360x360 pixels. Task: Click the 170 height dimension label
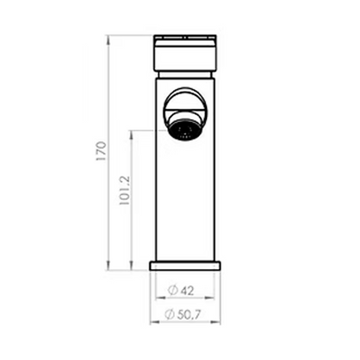pos(102,151)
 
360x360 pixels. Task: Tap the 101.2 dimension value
pos(125,190)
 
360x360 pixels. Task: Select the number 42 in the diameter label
pos(187,291)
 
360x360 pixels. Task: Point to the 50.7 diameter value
pos(189,315)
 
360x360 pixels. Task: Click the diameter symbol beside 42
pos(173,291)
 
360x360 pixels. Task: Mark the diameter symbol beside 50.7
pos(170,314)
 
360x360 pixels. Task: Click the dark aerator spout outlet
pos(184,130)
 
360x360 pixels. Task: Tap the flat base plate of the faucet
pos(185,266)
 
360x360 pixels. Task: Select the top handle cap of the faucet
pos(185,53)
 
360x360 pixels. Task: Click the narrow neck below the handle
pos(185,74)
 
